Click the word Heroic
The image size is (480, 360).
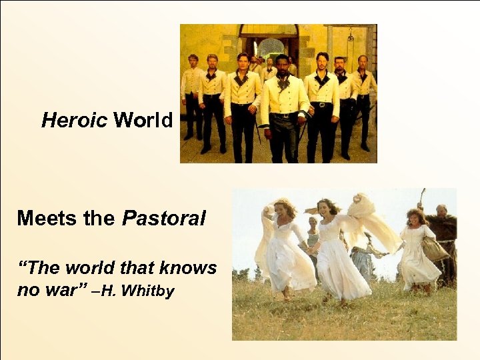(x=74, y=120)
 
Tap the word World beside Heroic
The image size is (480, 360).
(x=143, y=120)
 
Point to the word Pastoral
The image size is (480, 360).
(x=164, y=218)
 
